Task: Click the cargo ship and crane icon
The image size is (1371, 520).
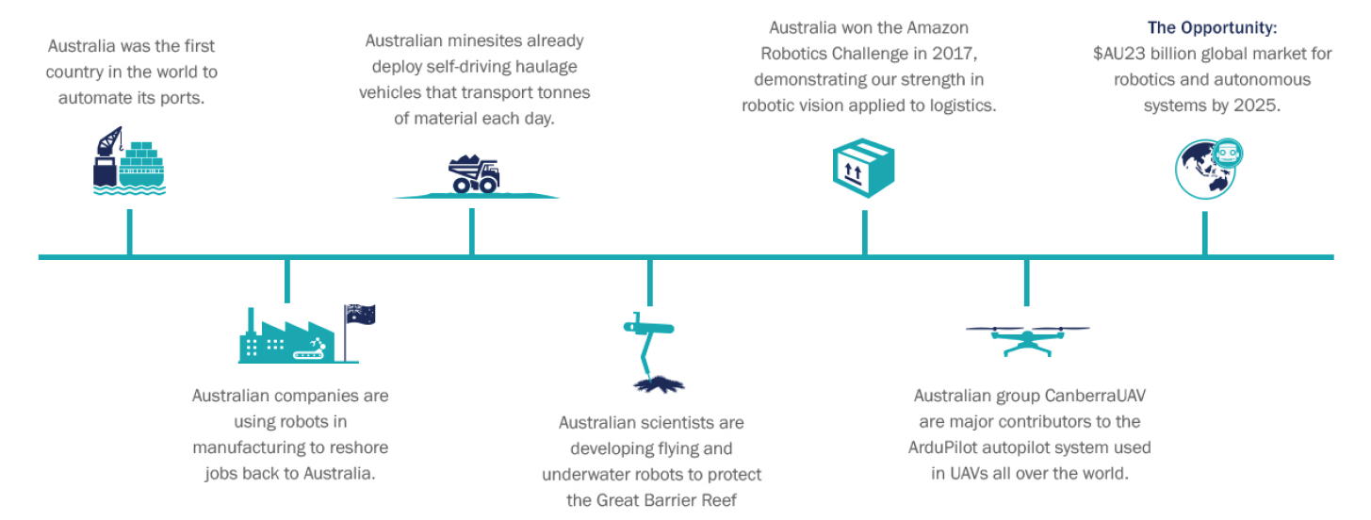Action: (129, 161)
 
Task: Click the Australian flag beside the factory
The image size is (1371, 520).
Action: (359, 316)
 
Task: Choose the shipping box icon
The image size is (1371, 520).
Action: (863, 168)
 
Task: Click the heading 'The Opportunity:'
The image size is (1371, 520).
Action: (1212, 28)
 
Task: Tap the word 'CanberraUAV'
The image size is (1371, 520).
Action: (1096, 397)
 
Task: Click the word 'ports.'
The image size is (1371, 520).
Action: (182, 97)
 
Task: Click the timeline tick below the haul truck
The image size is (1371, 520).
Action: (472, 232)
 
